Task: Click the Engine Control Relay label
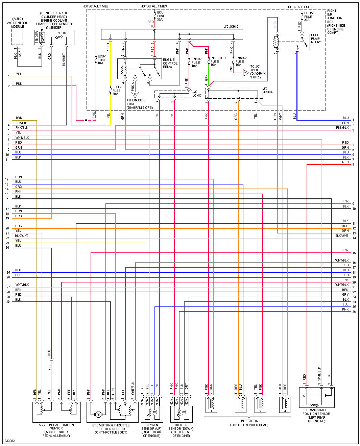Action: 170,63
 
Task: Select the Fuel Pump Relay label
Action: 316,39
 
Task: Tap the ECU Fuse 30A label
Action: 161,16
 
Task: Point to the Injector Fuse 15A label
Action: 218,61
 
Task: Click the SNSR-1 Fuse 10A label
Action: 197,63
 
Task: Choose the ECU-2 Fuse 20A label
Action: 117,91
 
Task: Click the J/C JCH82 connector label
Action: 231,27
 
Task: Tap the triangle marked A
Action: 246,73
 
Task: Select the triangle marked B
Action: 135,95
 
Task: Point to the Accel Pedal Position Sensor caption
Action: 56,430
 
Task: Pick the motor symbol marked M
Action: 98,415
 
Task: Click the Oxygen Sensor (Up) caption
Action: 151,430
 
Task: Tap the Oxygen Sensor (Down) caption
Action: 181,430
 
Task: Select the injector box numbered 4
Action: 285,404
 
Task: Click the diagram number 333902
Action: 9,441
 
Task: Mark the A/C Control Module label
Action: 18,23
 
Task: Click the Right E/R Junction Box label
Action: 335,22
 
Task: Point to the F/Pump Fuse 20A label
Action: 309,17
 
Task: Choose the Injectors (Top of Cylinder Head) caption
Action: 249,423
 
